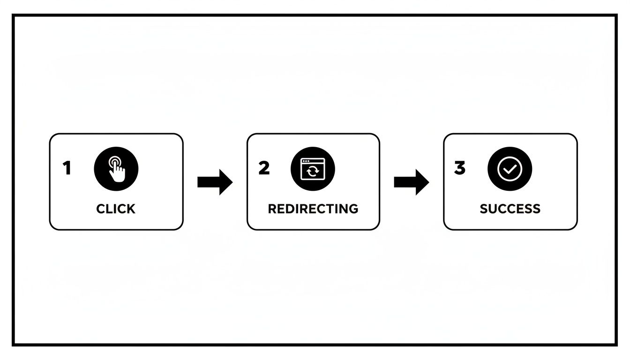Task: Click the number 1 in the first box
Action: pyautogui.click(x=67, y=168)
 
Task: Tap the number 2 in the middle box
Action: pyautogui.click(x=264, y=168)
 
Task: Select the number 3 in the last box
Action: pyautogui.click(x=460, y=168)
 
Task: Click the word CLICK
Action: pyautogui.click(x=116, y=209)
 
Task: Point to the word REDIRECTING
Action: pyautogui.click(x=313, y=209)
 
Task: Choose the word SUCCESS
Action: pyautogui.click(x=510, y=209)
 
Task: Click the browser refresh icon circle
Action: pyautogui.click(x=313, y=169)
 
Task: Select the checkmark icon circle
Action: pyautogui.click(x=510, y=169)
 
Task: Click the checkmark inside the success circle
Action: pyautogui.click(x=510, y=169)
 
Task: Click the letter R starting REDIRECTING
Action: pyautogui.click(x=272, y=209)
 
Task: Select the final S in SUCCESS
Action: pyautogui.click(x=536, y=209)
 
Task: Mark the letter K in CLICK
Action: pyautogui.click(x=131, y=209)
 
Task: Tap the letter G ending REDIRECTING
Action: pyautogui.click(x=353, y=209)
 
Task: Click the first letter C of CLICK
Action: pyautogui.click(x=101, y=209)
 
